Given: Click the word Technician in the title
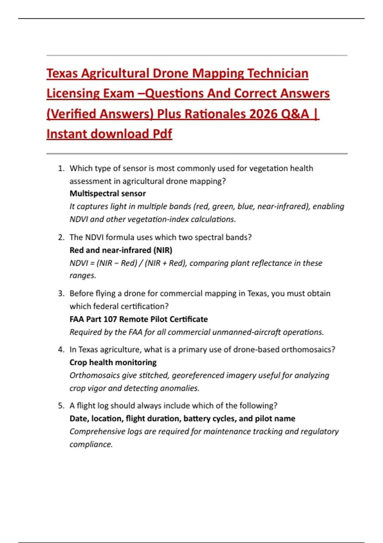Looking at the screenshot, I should [278, 73].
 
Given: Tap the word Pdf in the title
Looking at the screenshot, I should [162, 134].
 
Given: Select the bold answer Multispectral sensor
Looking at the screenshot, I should [108, 194].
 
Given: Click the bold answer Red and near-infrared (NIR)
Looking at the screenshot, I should [121, 250].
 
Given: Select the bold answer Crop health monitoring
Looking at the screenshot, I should [113, 363].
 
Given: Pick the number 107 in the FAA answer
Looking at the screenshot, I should [110, 319].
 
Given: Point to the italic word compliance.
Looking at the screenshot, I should [91, 445].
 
